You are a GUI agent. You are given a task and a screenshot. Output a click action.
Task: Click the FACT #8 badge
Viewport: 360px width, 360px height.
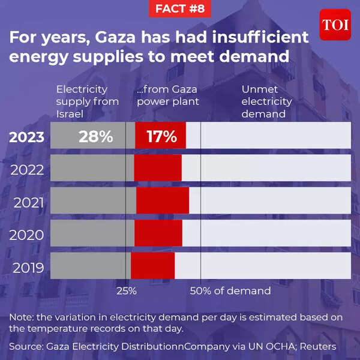pos(180,9)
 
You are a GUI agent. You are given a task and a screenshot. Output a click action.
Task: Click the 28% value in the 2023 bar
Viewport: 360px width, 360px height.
pos(96,137)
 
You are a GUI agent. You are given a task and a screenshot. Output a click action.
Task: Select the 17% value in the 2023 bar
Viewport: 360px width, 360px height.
pos(161,137)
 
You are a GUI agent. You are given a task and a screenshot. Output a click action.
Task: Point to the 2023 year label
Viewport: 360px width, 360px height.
pos(26,137)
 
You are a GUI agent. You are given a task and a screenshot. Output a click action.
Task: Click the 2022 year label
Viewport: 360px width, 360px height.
pos(28,170)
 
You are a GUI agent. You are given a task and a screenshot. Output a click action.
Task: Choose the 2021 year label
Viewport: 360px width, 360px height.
pos(28,202)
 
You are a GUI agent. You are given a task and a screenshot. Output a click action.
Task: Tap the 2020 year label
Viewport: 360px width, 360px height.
pos(28,235)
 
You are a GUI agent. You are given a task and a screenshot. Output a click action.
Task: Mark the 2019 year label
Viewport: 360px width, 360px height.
pos(28,267)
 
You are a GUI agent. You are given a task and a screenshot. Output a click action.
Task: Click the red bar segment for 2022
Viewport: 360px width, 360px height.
pos(158,167)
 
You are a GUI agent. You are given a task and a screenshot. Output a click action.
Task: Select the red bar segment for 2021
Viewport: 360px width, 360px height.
pos(163,200)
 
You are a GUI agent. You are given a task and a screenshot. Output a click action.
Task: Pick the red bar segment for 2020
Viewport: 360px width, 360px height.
pos(158,232)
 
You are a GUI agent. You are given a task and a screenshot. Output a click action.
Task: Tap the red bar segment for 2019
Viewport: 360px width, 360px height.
pos(153,265)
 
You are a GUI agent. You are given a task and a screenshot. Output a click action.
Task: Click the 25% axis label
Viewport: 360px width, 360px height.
pos(126,290)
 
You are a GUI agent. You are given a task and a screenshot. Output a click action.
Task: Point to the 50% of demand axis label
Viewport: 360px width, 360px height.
pos(230,290)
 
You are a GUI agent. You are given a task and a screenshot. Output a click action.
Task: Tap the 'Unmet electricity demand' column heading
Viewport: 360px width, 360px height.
pos(266,101)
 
